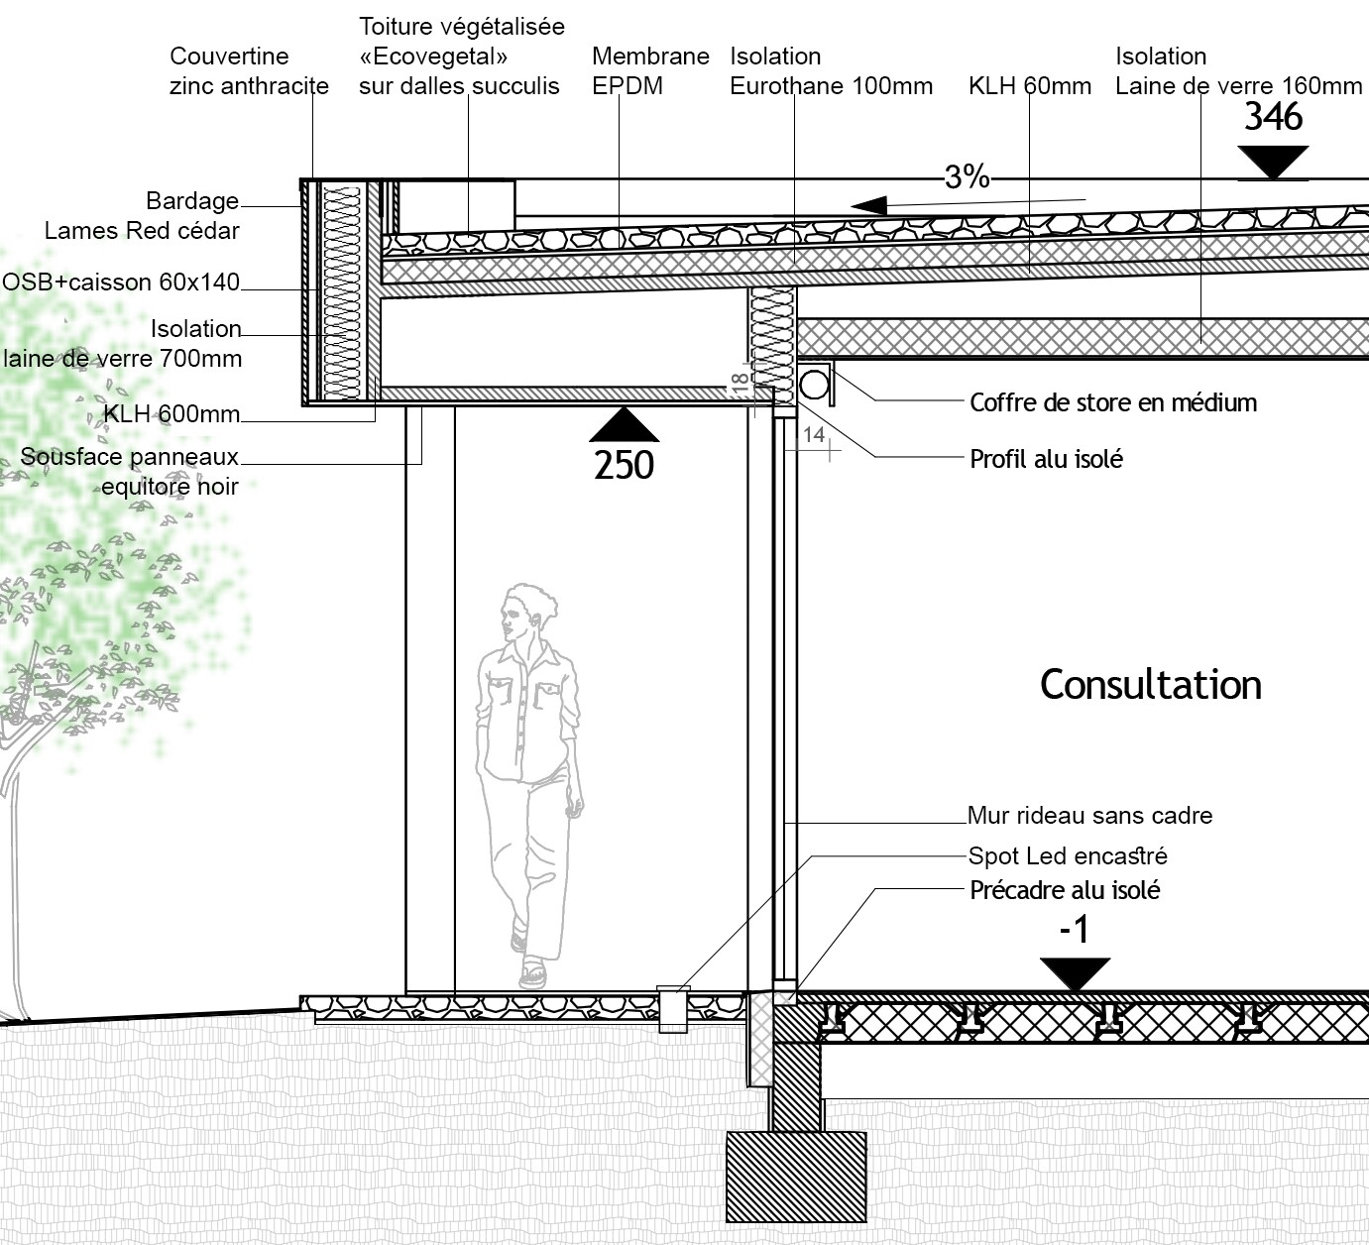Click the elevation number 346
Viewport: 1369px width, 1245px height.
click(x=1273, y=117)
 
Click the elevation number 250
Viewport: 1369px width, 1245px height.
click(x=624, y=465)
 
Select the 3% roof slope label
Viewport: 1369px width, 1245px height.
click(x=967, y=176)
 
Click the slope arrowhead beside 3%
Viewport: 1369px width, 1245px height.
click(x=869, y=206)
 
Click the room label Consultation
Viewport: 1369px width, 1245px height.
click(x=1150, y=685)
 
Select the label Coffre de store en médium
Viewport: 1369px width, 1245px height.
click(x=1112, y=402)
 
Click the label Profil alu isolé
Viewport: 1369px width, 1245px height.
click(x=1046, y=459)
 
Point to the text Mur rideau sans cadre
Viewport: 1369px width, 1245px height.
click(x=1089, y=816)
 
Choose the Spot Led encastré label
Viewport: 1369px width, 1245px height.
click(x=1068, y=855)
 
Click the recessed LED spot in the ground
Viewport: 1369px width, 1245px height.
click(x=674, y=1008)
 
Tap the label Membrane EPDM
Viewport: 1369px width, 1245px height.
click(x=650, y=70)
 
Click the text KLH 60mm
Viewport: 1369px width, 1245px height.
click(x=1029, y=86)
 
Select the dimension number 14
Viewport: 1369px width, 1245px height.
click(x=814, y=434)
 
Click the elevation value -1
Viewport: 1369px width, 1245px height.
click(x=1074, y=930)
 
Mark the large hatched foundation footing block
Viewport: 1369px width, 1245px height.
click(x=796, y=1177)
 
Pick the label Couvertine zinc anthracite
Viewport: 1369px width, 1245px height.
click(x=248, y=70)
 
